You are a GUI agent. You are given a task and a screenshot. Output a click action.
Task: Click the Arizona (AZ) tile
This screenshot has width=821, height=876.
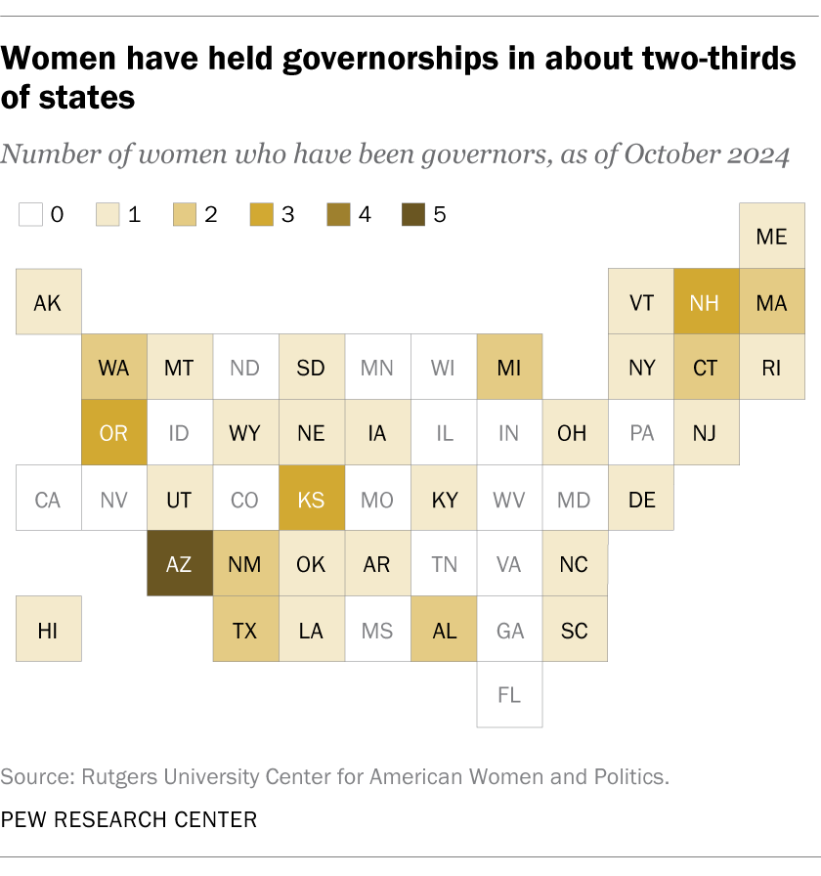coord(179,564)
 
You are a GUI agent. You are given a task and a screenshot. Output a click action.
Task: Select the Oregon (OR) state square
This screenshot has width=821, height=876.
coord(113,432)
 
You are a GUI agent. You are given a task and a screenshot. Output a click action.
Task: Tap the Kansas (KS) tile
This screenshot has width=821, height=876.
coord(311,499)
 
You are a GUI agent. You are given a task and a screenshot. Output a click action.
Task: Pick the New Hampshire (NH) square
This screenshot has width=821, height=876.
coord(706,301)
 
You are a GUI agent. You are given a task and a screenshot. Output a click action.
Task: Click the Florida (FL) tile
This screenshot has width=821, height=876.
coord(509,695)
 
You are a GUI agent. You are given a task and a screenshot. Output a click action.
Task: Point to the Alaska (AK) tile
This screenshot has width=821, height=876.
coord(48,301)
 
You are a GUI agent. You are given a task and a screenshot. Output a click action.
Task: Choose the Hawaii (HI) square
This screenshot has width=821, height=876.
coord(48,630)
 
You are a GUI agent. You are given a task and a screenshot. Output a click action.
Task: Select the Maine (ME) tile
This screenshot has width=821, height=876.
coord(771,236)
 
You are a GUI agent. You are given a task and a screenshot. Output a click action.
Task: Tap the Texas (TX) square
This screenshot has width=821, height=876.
coord(245,630)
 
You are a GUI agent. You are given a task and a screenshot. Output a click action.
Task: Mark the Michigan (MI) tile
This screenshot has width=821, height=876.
coord(509,368)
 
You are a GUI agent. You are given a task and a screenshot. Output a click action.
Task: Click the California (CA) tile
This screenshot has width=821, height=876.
coord(48,499)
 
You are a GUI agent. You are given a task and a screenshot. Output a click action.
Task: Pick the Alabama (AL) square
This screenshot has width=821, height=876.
coord(444,630)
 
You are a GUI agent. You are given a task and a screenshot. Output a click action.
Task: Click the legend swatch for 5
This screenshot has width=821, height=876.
coord(413,214)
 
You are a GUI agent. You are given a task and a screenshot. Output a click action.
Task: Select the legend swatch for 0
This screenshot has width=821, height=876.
coord(30,214)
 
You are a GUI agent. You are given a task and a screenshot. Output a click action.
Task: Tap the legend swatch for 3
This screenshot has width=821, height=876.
coord(261,214)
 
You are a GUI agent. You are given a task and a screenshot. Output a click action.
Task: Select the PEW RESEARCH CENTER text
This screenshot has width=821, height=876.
coord(129,819)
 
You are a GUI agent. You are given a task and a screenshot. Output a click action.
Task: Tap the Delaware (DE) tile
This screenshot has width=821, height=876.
coord(641,499)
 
